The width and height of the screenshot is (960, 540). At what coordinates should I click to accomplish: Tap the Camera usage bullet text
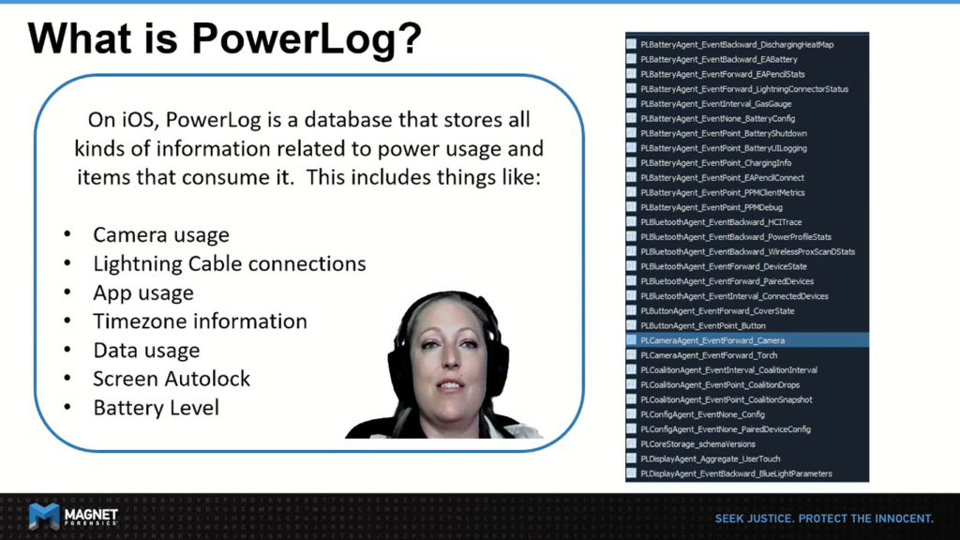(x=161, y=234)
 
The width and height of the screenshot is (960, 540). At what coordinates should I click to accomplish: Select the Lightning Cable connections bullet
(x=230, y=263)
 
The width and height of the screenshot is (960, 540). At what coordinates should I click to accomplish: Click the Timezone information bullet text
(x=201, y=322)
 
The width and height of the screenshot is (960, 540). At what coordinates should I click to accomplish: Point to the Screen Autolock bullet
(x=172, y=379)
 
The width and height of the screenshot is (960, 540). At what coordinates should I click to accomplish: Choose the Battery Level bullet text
(x=157, y=408)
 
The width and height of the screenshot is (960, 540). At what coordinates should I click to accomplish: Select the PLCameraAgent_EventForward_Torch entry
(x=709, y=355)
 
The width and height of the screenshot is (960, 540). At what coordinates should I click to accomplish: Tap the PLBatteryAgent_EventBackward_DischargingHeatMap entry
(x=737, y=45)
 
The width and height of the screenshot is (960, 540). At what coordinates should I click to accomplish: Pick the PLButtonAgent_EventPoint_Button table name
(x=703, y=325)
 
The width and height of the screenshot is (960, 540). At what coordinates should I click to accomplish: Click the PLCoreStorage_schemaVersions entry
(x=697, y=443)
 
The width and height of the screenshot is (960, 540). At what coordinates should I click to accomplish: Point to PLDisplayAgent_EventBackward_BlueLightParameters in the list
(x=736, y=473)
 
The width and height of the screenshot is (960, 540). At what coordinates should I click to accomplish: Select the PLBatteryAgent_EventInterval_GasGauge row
(x=715, y=104)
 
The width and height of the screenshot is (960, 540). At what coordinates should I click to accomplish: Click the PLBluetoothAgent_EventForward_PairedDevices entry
(x=727, y=281)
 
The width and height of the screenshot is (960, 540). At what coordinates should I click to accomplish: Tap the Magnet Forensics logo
(x=73, y=517)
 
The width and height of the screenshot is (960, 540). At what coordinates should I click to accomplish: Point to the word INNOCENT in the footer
(x=904, y=518)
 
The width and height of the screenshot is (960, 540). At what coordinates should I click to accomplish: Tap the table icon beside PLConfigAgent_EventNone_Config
(x=631, y=414)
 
